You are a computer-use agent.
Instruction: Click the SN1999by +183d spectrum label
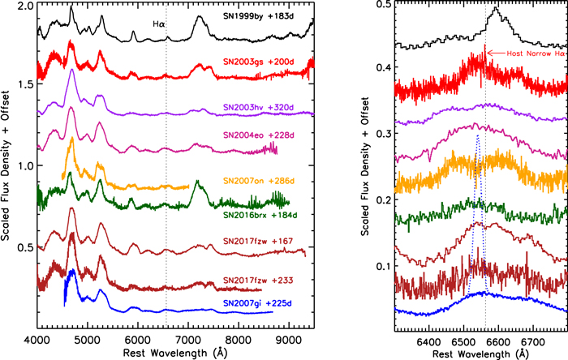[x=257, y=17]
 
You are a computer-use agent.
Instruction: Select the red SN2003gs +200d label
[x=258, y=62]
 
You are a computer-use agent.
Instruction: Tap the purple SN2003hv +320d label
[x=258, y=108]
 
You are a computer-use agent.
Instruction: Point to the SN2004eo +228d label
[x=258, y=135]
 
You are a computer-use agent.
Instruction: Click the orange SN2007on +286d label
[x=258, y=181]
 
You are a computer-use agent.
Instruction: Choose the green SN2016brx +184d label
[x=260, y=216]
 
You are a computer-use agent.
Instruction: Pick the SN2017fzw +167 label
[x=258, y=242]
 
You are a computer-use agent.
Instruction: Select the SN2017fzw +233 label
[x=258, y=281]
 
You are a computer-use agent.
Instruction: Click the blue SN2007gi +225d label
[x=257, y=303]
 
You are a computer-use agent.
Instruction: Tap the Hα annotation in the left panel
[x=159, y=24]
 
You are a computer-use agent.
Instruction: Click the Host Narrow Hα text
[x=536, y=54]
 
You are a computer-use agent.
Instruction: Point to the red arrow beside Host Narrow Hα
[x=495, y=54]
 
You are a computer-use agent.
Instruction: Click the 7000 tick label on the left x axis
[x=187, y=341]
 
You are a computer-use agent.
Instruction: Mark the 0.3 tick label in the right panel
[x=384, y=134]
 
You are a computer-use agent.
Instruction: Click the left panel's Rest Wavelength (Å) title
[x=175, y=353]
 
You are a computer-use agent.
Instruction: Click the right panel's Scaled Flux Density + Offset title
[x=365, y=166]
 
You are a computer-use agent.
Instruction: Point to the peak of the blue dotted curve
[x=478, y=135]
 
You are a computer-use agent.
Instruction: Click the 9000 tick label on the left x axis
[x=288, y=341]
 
